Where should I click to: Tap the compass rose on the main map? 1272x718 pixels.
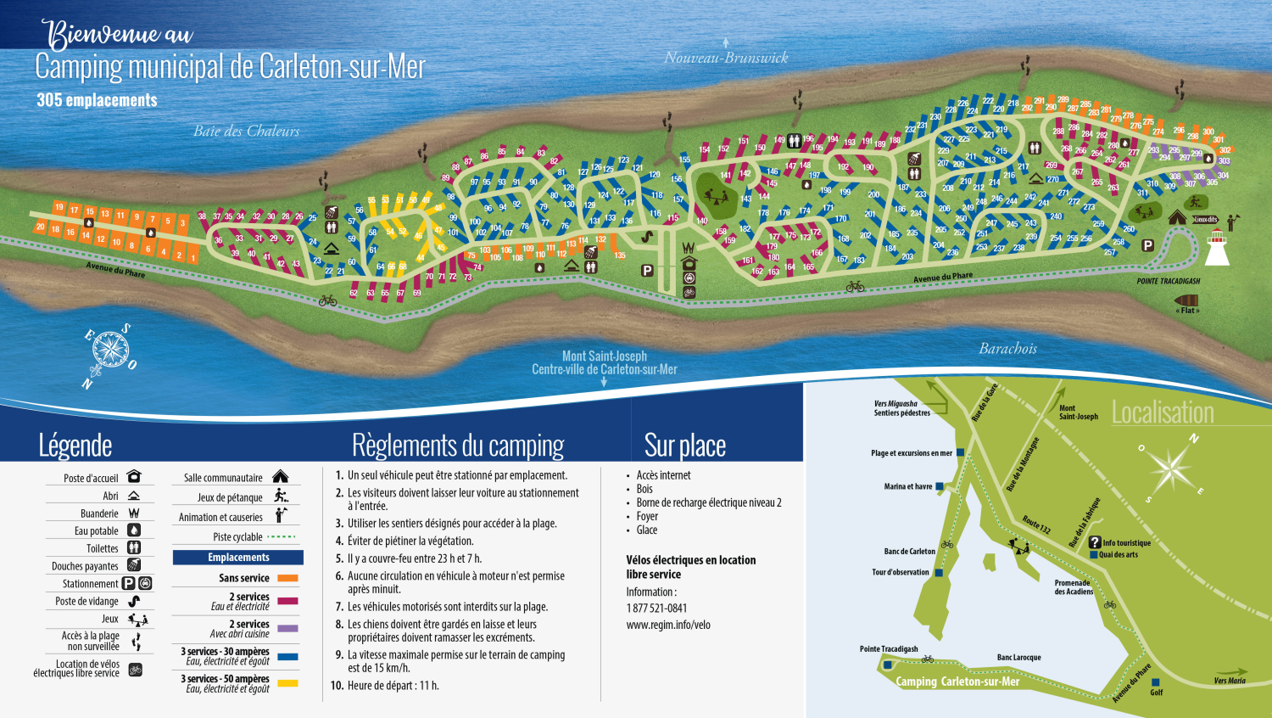109,350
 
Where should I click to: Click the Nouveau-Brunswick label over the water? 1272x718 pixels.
726,58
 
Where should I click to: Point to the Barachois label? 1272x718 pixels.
1007,348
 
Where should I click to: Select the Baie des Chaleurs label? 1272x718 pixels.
246,131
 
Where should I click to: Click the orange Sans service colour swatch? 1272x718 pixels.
287,578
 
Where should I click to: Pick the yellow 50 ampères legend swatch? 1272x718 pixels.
287,683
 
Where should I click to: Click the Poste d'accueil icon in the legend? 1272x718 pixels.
134,477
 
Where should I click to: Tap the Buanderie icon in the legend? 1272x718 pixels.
134,513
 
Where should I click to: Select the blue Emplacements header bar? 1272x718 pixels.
238,558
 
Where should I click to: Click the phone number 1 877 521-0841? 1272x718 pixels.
656,608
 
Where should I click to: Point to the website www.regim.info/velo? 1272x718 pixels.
668,625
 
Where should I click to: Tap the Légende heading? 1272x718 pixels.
75,446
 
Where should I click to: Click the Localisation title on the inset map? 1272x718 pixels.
1163,412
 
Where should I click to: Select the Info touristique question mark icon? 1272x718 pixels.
1095,542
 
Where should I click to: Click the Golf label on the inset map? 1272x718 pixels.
1156,692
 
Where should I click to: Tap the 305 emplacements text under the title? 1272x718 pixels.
97,100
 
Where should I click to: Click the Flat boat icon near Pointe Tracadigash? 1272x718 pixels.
1186,300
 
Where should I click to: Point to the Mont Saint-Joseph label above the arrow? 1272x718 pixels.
604,356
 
